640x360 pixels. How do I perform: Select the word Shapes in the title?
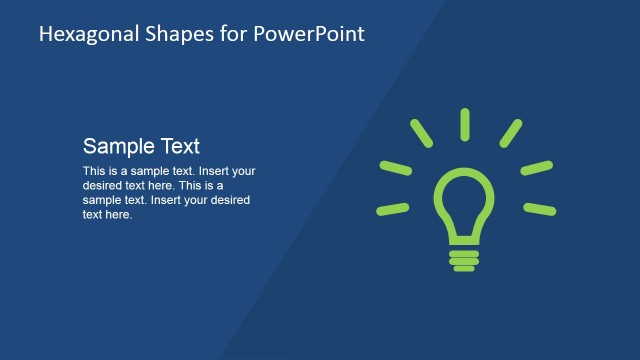tap(169, 34)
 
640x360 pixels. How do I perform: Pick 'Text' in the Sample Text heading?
tap(179, 146)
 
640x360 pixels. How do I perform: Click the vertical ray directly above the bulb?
tap(465, 124)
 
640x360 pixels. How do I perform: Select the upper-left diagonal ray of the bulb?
tap(421, 133)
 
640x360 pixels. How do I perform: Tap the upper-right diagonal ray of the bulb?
tap(510, 133)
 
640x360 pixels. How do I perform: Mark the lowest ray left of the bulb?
tap(393, 209)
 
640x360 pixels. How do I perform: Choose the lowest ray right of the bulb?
tap(539, 209)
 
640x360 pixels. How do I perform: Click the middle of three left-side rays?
tap(396, 167)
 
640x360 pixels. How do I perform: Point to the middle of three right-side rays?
tap(536, 167)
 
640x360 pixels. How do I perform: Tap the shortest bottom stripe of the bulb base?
tap(464, 267)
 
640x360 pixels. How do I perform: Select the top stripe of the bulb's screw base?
tap(464, 252)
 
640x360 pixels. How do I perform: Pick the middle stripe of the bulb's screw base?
tap(464, 260)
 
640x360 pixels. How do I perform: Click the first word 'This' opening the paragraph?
tap(94, 171)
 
